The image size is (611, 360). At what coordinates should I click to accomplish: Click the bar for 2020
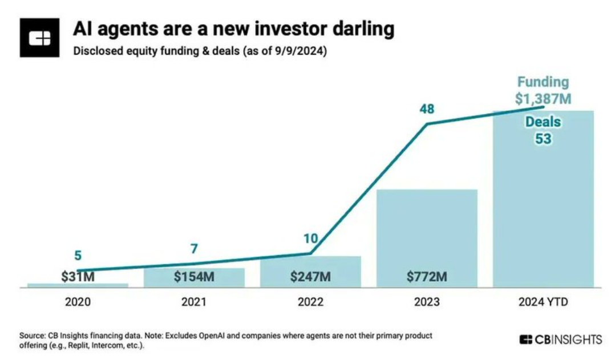pyautogui.click(x=78, y=285)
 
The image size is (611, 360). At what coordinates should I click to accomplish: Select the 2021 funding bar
pyautogui.click(x=194, y=278)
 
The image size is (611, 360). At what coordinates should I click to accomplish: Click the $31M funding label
pyautogui.click(x=78, y=277)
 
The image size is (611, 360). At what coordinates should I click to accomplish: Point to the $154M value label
pyautogui.click(x=194, y=277)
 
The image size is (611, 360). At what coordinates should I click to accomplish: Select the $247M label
pyautogui.click(x=310, y=277)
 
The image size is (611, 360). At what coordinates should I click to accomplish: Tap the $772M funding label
pyautogui.click(x=427, y=277)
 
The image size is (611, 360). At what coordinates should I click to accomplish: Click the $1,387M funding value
pyautogui.click(x=543, y=99)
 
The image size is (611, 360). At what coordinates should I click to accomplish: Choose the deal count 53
pyautogui.click(x=543, y=138)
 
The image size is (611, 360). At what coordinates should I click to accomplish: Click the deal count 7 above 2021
pyautogui.click(x=194, y=249)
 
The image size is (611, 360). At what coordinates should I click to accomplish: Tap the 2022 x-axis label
pyautogui.click(x=310, y=302)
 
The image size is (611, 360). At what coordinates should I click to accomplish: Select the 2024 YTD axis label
pyautogui.click(x=543, y=302)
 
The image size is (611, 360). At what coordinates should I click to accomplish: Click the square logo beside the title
pyautogui.click(x=40, y=38)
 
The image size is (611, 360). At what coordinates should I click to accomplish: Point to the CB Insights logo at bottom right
pyautogui.click(x=560, y=340)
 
